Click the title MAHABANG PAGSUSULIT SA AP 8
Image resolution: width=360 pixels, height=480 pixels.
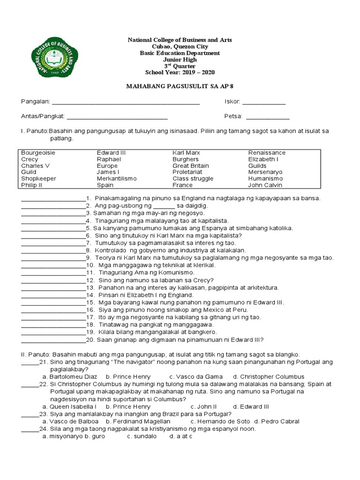(x=180, y=87)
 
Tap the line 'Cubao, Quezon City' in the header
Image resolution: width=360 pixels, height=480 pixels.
(x=180, y=47)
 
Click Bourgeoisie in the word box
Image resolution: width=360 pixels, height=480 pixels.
(x=38, y=153)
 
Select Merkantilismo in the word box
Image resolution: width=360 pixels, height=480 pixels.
(x=117, y=179)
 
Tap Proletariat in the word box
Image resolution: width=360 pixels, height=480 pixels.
(x=187, y=172)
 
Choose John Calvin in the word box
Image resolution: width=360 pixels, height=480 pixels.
(x=265, y=185)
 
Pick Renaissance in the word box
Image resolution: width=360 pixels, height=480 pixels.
(x=267, y=153)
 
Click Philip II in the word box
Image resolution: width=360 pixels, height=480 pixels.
(x=32, y=185)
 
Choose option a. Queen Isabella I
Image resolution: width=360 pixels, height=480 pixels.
(x=69, y=406)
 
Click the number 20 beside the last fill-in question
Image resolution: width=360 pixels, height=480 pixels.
(x=90, y=340)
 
